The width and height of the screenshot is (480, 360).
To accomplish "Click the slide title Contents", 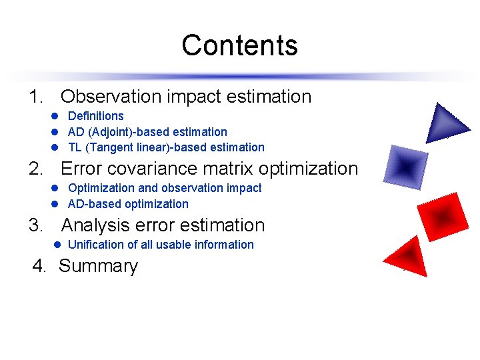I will click(x=239, y=45).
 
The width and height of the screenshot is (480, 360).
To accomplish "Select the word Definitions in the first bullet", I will click(x=96, y=116).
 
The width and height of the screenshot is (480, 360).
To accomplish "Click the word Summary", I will click(x=98, y=266).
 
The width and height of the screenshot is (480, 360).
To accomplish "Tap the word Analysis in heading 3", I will click(x=97, y=225).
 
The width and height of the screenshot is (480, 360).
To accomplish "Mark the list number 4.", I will click(x=39, y=266).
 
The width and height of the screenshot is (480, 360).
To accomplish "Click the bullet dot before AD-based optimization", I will click(x=57, y=204).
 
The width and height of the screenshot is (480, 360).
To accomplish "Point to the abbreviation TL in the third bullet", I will click(x=75, y=147).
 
